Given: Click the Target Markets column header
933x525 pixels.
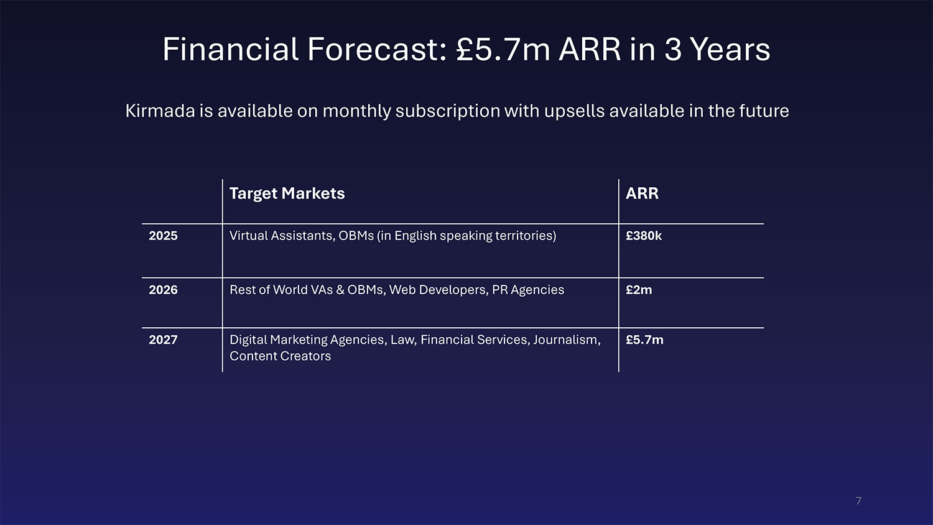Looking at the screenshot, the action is pyautogui.click(x=287, y=193).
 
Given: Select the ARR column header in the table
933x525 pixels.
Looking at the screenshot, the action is pyautogui.click(x=642, y=193).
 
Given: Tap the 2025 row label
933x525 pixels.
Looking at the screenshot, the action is pyautogui.click(x=163, y=236).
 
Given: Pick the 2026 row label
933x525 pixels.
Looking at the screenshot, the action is pyautogui.click(x=163, y=290).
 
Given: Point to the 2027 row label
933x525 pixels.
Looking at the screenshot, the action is pyautogui.click(x=163, y=340).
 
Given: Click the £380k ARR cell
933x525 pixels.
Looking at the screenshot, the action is pyautogui.click(x=644, y=236).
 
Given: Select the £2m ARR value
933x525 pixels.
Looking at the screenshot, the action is pyautogui.click(x=639, y=290).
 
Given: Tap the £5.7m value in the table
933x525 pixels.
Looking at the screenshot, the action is pyautogui.click(x=644, y=340).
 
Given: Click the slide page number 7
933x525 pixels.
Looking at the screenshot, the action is pyautogui.click(x=858, y=501).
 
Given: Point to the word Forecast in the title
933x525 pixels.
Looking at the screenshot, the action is pyautogui.click(x=377, y=49).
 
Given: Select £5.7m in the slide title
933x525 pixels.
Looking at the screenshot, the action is pyautogui.click(x=503, y=49).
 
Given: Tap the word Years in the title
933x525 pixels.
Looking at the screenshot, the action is pyautogui.click(x=730, y=49).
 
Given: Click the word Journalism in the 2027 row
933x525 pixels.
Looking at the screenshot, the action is pyautogui.click(x=567, y=340).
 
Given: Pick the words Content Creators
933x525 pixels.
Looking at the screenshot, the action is pyautogui.click(x=281, y=356).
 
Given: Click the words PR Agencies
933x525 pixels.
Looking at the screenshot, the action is pyautogui.click(x=528, y=290).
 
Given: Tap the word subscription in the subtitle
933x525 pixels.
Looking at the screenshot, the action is pyautogui.click(x=448, y=111).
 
